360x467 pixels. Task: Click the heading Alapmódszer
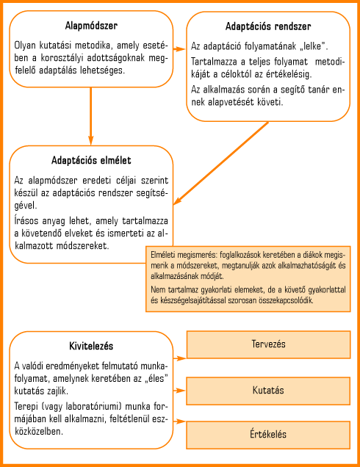click(x=91, y=26)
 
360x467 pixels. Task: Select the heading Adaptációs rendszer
click(x=268, y=26)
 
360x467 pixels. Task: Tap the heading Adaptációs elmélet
click(x=91, y=161)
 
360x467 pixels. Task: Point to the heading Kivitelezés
click(x=91, y=346)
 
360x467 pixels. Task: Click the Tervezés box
click(x=268, y=344)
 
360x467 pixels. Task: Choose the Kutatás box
click(x=268, y=391)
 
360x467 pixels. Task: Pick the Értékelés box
click(x=268, y=435)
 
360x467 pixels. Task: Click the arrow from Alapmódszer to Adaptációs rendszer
click(x=179, y=49)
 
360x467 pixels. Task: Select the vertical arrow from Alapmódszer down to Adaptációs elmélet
click(x=91, y=116)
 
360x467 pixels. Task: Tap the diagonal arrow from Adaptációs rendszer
click(x=221, y=163)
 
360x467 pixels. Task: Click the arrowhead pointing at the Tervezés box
click(x=181, y=358)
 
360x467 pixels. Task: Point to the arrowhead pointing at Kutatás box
click(x=181, y=390)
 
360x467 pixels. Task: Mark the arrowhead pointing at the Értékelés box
click(x=181, y=421)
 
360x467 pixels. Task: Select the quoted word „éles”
click(x=154, y=378)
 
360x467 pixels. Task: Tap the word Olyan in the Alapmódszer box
click(x=25, y=46)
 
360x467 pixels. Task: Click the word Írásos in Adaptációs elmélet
click(x=26, y=221)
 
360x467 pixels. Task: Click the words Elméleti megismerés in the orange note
click(x=184, y=256)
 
